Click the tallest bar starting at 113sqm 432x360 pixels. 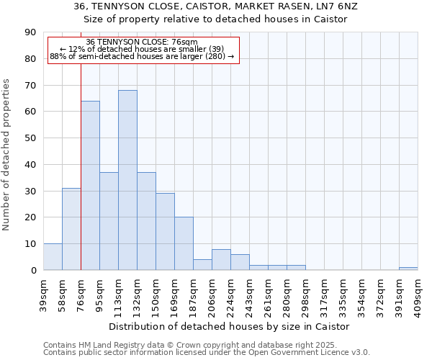127,180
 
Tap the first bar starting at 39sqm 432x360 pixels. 53,257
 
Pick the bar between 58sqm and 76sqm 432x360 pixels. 71,229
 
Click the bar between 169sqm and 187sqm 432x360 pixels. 184,243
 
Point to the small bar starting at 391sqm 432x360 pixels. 408,269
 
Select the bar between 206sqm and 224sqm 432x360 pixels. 221,260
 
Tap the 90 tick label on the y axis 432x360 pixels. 30,32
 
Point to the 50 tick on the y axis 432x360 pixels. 30,138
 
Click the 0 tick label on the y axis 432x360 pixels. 33,270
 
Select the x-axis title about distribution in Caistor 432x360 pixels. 230,326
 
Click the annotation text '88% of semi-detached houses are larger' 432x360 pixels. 142,56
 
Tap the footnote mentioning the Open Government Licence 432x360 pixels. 207,353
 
